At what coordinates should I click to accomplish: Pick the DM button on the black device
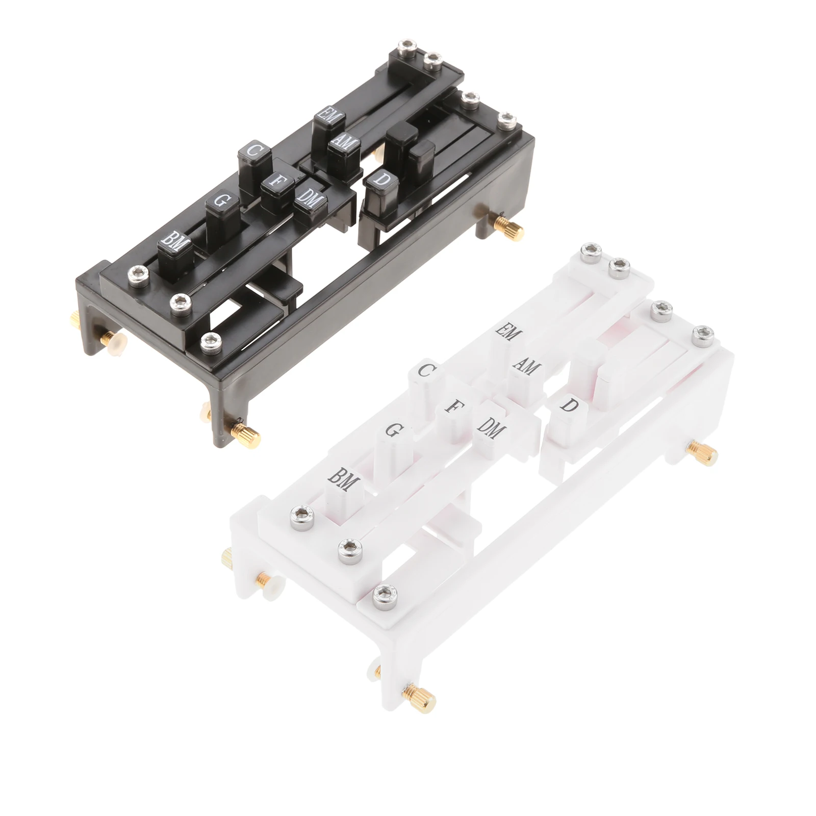pos(310,200)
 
